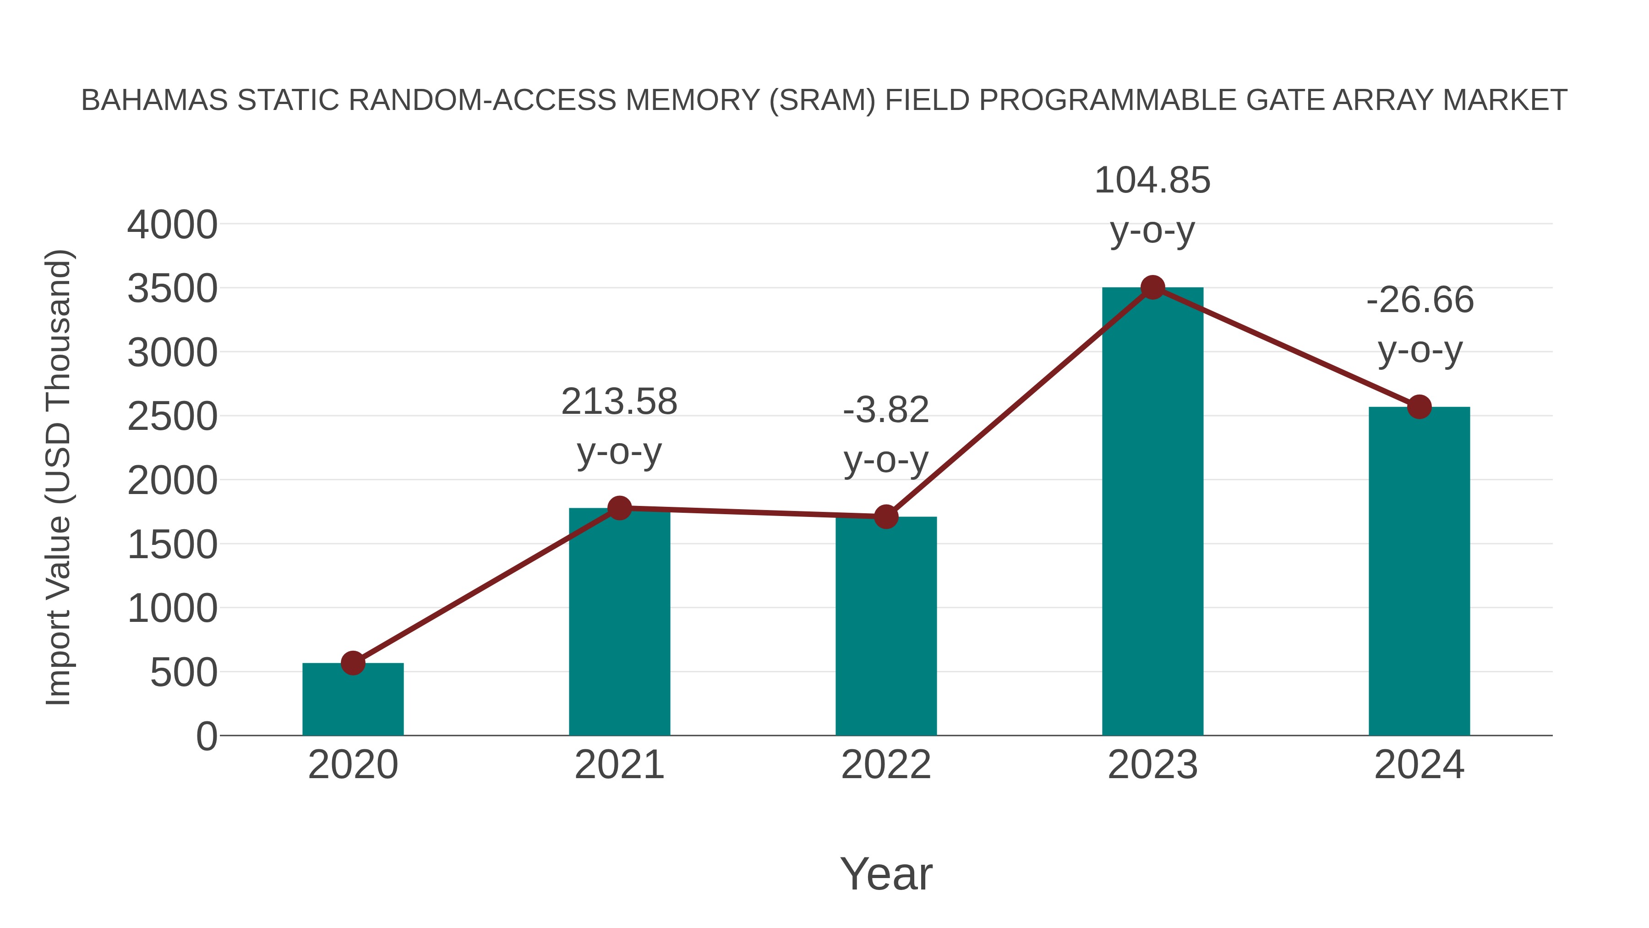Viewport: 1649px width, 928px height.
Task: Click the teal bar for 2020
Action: click(353, 701)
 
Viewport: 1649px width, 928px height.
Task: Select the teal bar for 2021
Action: click(619, 625)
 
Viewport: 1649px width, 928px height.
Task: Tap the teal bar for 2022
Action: click(886, 628)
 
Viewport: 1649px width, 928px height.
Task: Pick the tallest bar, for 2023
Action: click(1152, 512)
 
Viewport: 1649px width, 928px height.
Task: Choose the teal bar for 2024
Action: click(1419, 573)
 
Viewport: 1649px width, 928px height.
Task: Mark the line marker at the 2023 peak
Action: click(1152, 287)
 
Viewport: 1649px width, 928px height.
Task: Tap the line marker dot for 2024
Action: click(1419, 406)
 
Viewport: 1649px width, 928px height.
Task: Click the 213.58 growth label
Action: click(619, 402)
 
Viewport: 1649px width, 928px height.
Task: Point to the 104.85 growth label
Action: click(1152, 181)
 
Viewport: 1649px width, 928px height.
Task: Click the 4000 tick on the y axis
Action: click(172, 225)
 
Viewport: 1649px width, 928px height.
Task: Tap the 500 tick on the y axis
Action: click(183, 673)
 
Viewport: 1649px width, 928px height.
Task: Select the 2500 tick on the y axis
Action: click(172, 417)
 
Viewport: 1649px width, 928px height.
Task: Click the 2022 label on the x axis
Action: click(886, 765)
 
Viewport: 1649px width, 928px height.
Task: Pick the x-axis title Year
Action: click(886, 874)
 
